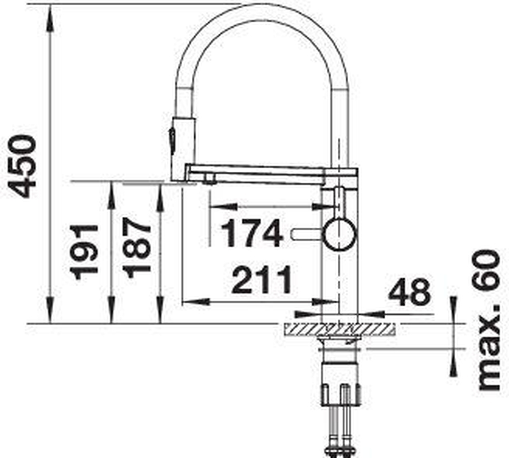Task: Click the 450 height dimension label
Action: [x=22, y=167]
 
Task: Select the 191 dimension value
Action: [x=84, y=252]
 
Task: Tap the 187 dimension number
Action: [x=137, y=248]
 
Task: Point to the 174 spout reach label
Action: [x=251, y=233]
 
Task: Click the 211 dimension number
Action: [x=262, y=279]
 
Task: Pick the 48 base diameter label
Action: [x=410, y=293]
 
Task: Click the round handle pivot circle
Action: [x=340, y=234]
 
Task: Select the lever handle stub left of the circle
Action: [x=307, y=234]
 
